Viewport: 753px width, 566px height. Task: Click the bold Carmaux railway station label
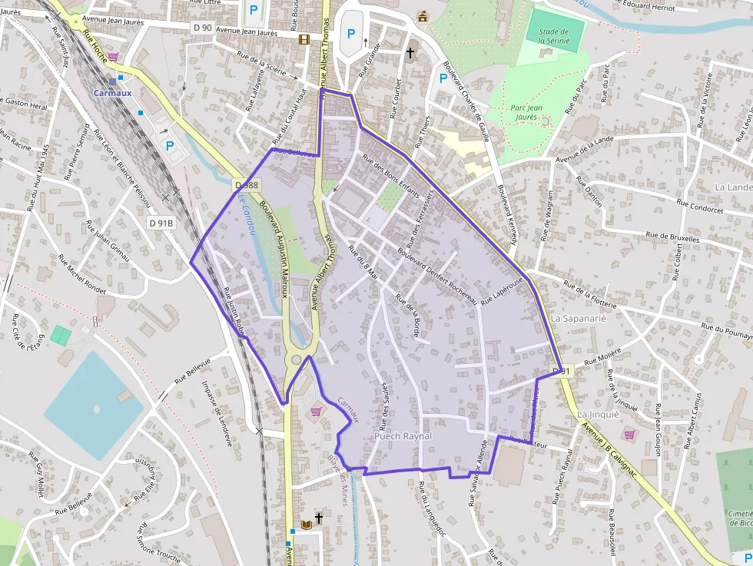click(113, 93)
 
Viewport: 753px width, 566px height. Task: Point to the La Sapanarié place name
click(579, 317)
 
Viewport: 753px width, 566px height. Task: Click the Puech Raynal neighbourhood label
click(403, 436)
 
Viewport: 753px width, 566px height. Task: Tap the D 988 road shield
click(247, 185)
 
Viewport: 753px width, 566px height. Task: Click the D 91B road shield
click(161, 223)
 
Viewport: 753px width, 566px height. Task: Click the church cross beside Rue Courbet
click(410, 53)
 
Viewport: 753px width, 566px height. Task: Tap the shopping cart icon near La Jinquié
click(630, 435)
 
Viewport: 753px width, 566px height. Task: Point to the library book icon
click(307, 525)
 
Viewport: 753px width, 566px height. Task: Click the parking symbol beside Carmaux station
click(170, 144)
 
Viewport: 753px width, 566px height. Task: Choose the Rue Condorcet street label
click(699, 205)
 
